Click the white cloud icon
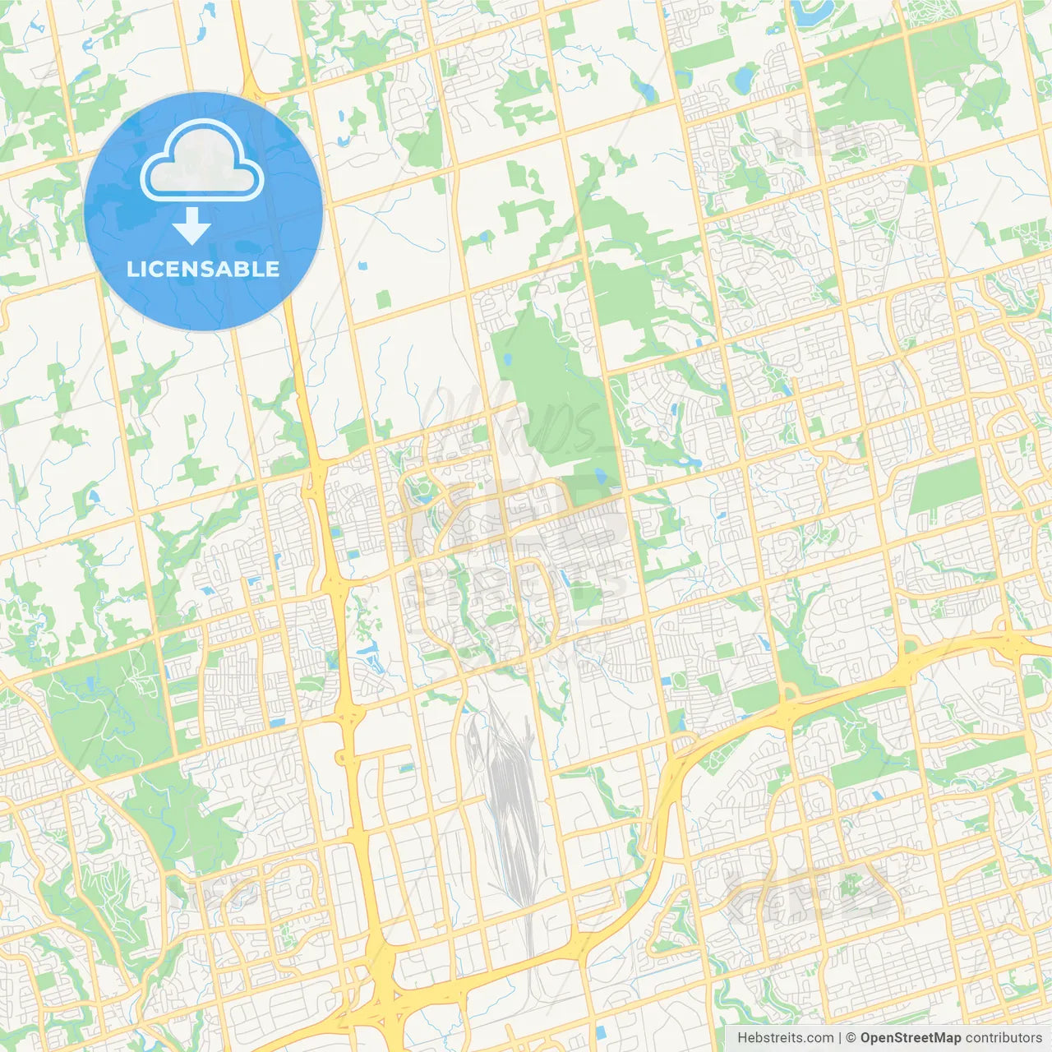pyautogui.click(x=202, y=160)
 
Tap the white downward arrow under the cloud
pyautogui.click(x=191, y=226)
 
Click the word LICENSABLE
pyautogui.click(x=203, y=269)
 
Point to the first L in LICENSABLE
pyautogui.click(x=132, y=269)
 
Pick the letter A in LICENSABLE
pyautogui.click(x=230, y=269)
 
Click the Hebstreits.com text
pyautogui.click(x=785, y=1038)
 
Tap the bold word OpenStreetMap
pyautogui.click(x=910, y=1038)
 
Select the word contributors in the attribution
pyautogui.click(x=1004, y=1038)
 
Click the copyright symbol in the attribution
pyautogui.click(x=851, y=1038)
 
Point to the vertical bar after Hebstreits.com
pyautogui.click(x=839, y=1038)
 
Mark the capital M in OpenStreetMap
pyautogui.click(x=938, y=1038)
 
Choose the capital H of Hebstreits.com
pyautogui.click(x=742, y=1038)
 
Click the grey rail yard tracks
pyautogui.click(x=510, y=797)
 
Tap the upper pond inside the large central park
pyautogui.click(x=508, y=359)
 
